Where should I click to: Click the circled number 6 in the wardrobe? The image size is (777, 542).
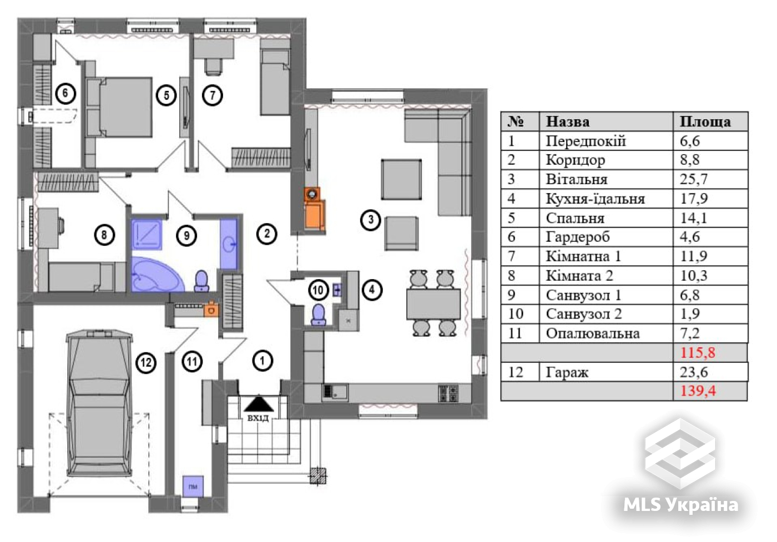point(65,93)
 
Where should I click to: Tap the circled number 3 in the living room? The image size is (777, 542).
point(371,220)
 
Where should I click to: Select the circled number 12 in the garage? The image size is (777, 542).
point(146,363)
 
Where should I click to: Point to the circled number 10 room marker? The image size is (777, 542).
point(319,290)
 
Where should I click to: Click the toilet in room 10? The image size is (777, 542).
point(319,315)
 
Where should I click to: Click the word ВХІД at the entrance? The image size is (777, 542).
point(258,418)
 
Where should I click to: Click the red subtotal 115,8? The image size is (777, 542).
point(698,353)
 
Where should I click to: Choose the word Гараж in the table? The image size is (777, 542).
point(567,373)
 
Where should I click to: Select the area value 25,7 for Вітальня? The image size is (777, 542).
point(693,179)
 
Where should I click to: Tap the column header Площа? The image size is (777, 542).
point(705,121)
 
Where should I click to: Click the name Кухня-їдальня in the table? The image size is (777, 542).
point(595,199)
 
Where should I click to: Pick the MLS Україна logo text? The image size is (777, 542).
point(680,505)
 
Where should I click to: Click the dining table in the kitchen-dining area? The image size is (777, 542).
point(433,304)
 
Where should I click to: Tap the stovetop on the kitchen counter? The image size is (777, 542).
point(448,393)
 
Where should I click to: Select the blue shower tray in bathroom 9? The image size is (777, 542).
point(147,234)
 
